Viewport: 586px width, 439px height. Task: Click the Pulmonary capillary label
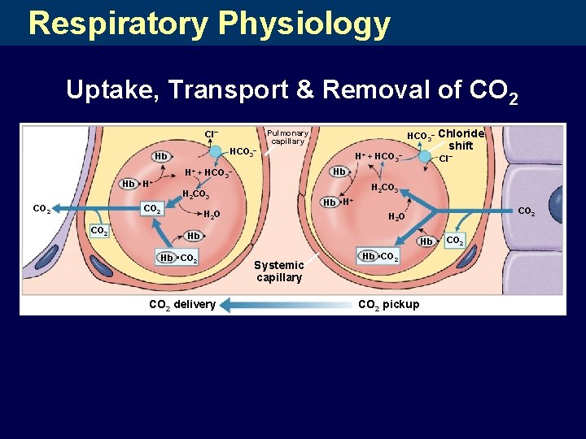click(x=287, y=137)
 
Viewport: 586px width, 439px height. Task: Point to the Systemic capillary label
click(x=279, y=271)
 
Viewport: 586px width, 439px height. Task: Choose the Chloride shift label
click(x=461, y=139)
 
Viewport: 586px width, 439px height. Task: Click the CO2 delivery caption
click(x=181, y=305)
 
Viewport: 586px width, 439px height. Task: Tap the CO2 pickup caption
click(x=389, y=305)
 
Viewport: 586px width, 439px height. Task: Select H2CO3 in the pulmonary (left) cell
click(x=196, y=195)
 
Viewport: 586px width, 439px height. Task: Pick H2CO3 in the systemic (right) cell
click(x=384, y=188)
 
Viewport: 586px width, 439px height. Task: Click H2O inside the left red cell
click(x=210, y=215)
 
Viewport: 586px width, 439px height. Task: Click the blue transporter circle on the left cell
click(x=215, y=151)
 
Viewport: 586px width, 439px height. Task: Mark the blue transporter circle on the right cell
click(x=425, y=156)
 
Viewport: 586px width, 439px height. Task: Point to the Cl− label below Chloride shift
click(x=445, y=159)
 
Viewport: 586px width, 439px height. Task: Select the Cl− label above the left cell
click(x=211, y=133)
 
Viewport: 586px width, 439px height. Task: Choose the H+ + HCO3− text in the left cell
click(x=208, y=172)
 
